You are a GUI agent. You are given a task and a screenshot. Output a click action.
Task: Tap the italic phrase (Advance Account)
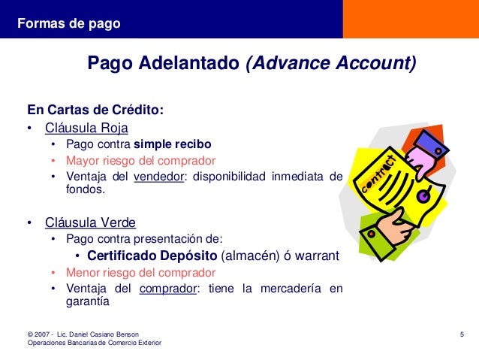330,63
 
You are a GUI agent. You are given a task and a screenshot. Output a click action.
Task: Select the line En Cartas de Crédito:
95,110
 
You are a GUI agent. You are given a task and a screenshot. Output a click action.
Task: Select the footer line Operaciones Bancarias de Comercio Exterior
94,343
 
